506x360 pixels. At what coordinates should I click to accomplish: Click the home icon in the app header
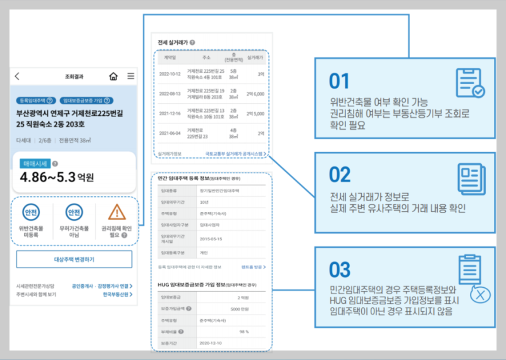(x=113, y=77)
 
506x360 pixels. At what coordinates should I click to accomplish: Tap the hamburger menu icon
(x=130, y=77)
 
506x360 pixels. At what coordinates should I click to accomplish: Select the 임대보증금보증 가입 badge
(x=86, y=101)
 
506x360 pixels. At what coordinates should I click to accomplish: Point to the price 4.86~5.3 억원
(x=56, y=177)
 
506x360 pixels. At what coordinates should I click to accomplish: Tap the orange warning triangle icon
(x=116, y=212)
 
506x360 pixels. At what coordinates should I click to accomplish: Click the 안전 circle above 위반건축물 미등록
(x=31, y=212)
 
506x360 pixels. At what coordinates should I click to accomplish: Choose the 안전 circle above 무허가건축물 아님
(x=74, y=212)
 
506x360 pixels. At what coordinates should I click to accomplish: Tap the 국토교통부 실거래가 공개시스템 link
(x=235, y=153)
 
